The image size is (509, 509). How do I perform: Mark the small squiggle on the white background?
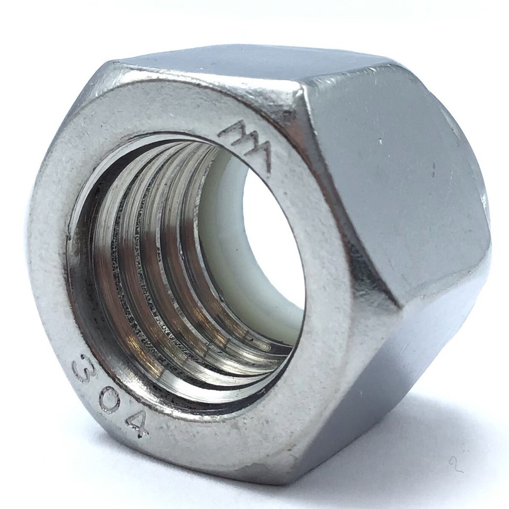click(x=455, y=464)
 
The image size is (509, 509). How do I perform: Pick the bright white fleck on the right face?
click(x=381, y=142)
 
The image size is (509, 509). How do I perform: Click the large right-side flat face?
click(x=392, y=180)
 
